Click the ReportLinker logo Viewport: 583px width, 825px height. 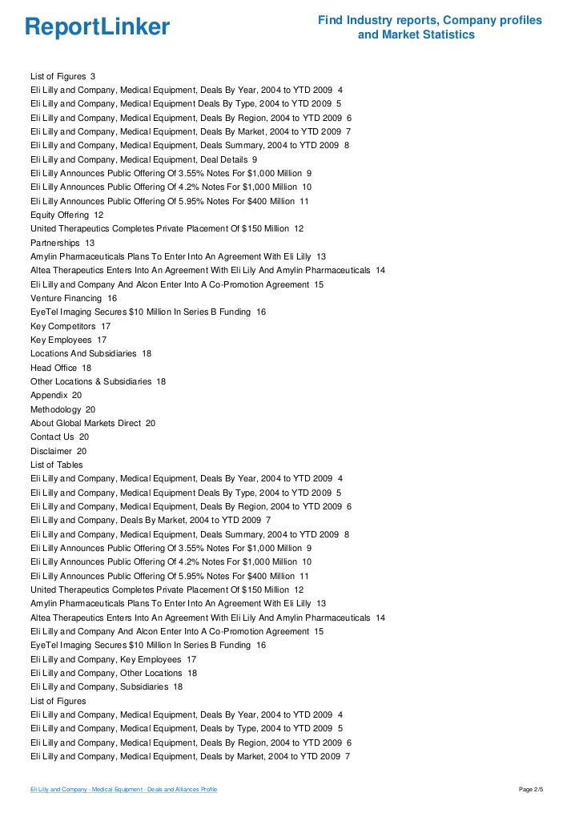97,28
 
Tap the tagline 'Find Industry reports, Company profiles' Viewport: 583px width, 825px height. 429,20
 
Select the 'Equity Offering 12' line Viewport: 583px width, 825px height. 66,215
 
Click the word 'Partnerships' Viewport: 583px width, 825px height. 55,243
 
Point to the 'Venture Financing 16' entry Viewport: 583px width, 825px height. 74,298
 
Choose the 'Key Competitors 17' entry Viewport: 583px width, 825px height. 70,326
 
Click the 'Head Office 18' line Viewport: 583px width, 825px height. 61,368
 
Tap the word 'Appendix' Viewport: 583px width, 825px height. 50,396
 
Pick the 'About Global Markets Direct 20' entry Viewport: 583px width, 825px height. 93,423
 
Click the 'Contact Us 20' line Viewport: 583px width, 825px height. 59,437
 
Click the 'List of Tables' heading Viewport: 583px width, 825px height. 56,465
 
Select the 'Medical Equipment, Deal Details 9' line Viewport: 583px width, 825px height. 143,159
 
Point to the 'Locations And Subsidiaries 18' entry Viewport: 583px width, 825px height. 90,353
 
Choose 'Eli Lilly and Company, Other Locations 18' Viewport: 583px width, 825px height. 114,673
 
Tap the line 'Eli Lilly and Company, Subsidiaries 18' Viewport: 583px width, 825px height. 107,686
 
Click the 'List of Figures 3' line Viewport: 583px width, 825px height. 63,76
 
